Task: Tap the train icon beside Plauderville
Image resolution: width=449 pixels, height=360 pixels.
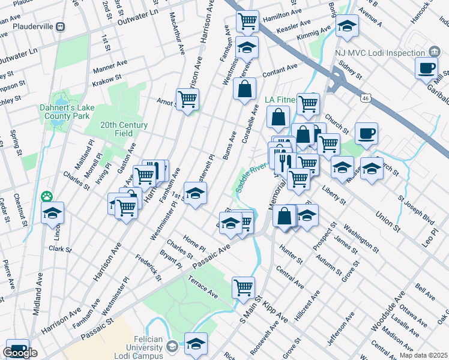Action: point(61,27)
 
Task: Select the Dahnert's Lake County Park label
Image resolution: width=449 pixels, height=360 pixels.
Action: point(65,111)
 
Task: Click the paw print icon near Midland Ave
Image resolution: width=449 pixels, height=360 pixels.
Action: point(47,197)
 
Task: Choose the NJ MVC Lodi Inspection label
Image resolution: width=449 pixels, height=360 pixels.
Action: point(380,53)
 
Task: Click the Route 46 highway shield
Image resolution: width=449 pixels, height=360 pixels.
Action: point(365,97)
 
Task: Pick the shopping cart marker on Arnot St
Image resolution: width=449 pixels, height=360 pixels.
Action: point(187,99)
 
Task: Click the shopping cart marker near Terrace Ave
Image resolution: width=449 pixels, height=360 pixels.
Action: point(243,287)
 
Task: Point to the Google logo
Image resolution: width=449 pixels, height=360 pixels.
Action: point(20,353)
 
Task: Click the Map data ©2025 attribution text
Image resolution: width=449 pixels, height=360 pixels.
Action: point(424,355)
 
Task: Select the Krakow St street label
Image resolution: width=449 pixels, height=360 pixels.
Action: point(107,77)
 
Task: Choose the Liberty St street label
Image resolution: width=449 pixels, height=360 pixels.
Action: point(334,196)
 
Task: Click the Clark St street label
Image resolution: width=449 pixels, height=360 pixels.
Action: point(60,248)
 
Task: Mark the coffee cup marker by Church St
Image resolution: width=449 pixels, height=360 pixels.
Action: point(366,134)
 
